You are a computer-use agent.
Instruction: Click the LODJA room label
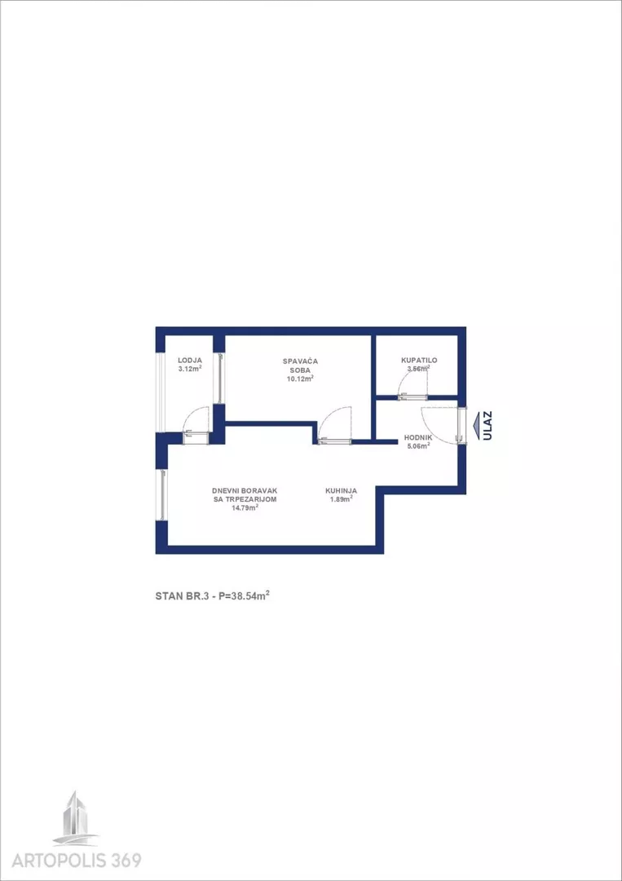[190, 361]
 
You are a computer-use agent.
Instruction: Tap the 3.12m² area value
[190, 370]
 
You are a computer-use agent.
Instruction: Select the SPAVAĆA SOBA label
[300, 365]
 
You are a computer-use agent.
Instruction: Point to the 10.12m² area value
[300, 379]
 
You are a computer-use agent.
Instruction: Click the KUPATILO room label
[419, 361]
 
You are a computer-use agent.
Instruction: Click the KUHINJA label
[342, 490]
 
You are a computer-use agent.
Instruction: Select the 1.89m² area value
[340, 499]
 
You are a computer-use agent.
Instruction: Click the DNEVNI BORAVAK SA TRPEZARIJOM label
[245, 494]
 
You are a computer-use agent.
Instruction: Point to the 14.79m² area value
[245, 507]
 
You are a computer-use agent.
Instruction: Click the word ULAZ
[487, 426]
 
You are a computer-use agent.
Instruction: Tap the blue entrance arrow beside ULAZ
[476, 426]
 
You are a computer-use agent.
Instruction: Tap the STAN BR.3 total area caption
[213, 596]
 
